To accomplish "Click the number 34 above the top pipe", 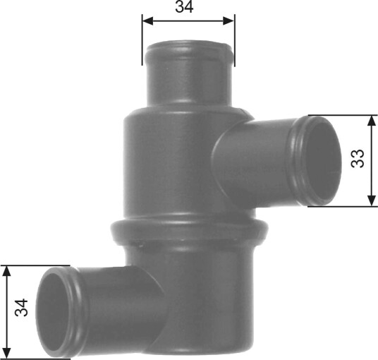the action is pos(184,7).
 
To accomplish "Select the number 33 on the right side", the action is pos(358,159).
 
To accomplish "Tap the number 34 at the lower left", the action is pos(21,307).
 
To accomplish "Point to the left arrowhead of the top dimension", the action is pos(148,21).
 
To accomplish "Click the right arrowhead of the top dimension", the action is pos(228,21).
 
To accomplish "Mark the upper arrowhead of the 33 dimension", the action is pos(372,121).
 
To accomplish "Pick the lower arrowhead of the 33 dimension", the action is pos(372,200).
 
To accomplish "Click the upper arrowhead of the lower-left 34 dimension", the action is pos(7,271).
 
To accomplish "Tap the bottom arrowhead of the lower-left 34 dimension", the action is pos(7,353).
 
